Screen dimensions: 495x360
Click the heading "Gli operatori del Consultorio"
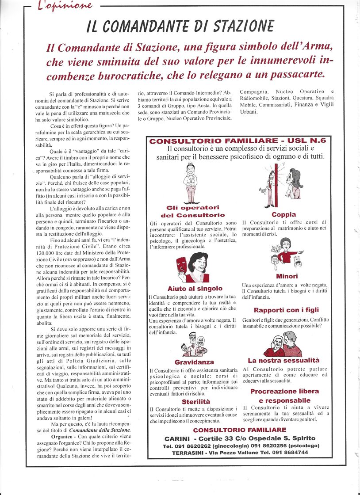pos(193,211)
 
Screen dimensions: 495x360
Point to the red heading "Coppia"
pos(284,214)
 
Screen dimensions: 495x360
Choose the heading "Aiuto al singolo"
pos(195,289)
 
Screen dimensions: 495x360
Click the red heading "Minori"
pos(287,276)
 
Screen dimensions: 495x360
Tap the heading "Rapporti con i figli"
pos(286,310)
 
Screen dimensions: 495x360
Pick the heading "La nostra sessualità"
pos(283,360)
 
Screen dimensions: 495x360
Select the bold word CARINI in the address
pos(177,438)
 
